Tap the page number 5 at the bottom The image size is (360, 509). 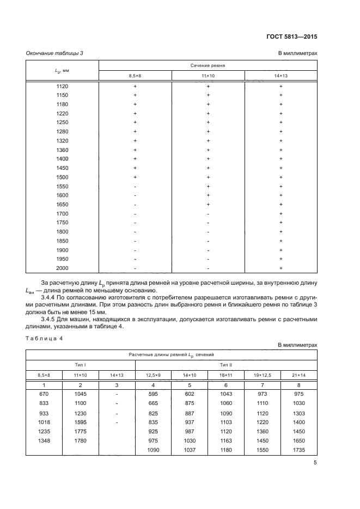pyautogui.click(x=315, y=463)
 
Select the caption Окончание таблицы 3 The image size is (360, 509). pyautogui.click(x=55, y=53)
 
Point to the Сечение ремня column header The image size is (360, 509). pyautogui.click(x=208, y=65)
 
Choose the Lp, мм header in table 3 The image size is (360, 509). pyautogui.click(x=62, y=70)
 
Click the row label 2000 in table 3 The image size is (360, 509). pyautogui.click(x=62, y=268)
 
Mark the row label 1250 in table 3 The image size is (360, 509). pyautogui.click(x=62, y=122)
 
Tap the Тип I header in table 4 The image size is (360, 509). pyautogui.click(x=80, y=364)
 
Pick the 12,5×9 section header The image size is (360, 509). pyautogui.click(x=153, y=375)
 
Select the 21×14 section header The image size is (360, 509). pyautogui.click(x=298, y=375)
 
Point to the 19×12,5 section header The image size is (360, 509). pyautogui.click(x=263, y=375)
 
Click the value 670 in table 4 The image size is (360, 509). pyautogui.click(x=44, y=393)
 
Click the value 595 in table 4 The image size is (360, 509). pyautogui.click(x=153, y=393)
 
